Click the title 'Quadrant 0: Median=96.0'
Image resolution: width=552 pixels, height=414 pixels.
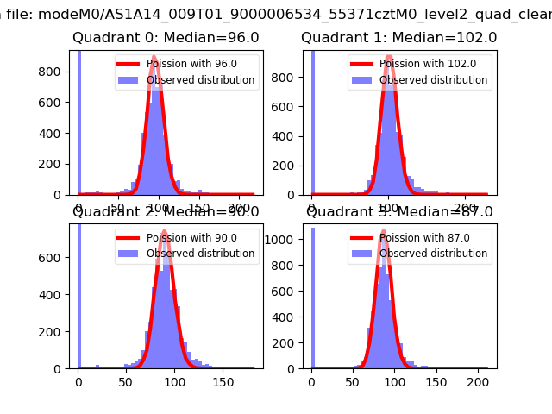tap(165, 38)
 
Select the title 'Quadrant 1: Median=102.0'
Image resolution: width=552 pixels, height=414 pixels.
tap(398, 38)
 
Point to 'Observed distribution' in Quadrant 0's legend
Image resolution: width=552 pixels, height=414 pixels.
tap(201, 80)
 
